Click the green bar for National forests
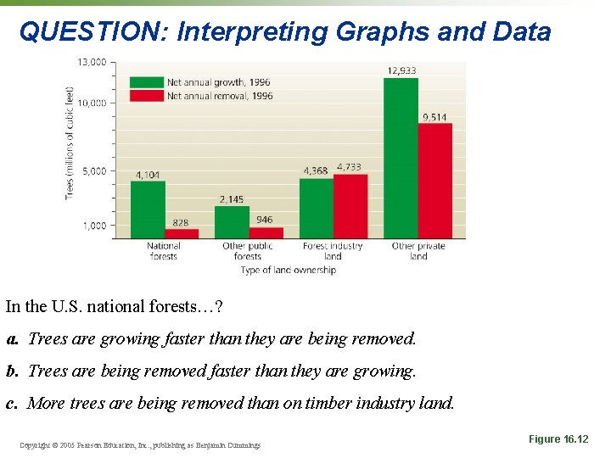pyautogui.click(x=148, y=210)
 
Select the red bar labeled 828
pyautogui.click(x=181, y=234)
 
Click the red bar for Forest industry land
pyautogui.click(x=350, y=207)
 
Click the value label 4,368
pyautogui.click(x=316, y=170)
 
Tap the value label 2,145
pyautogui.click(x=231, y=199)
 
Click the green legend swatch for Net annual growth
pyautogui.click(x=145, y=82)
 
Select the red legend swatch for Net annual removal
pyautogui.click(x=145, y=96)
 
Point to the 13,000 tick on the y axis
pyautogui.click(x=92, y=62)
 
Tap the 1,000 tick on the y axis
pyautogui.click(x=95, y=226)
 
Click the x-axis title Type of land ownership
pyautogui.click(x=288, y=270)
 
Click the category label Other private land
pyautogui.click(x=418, y=251)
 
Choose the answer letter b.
pyautogui.click(x=12, y=371)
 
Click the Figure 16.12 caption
pyautogui.click(x=558, y=438)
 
